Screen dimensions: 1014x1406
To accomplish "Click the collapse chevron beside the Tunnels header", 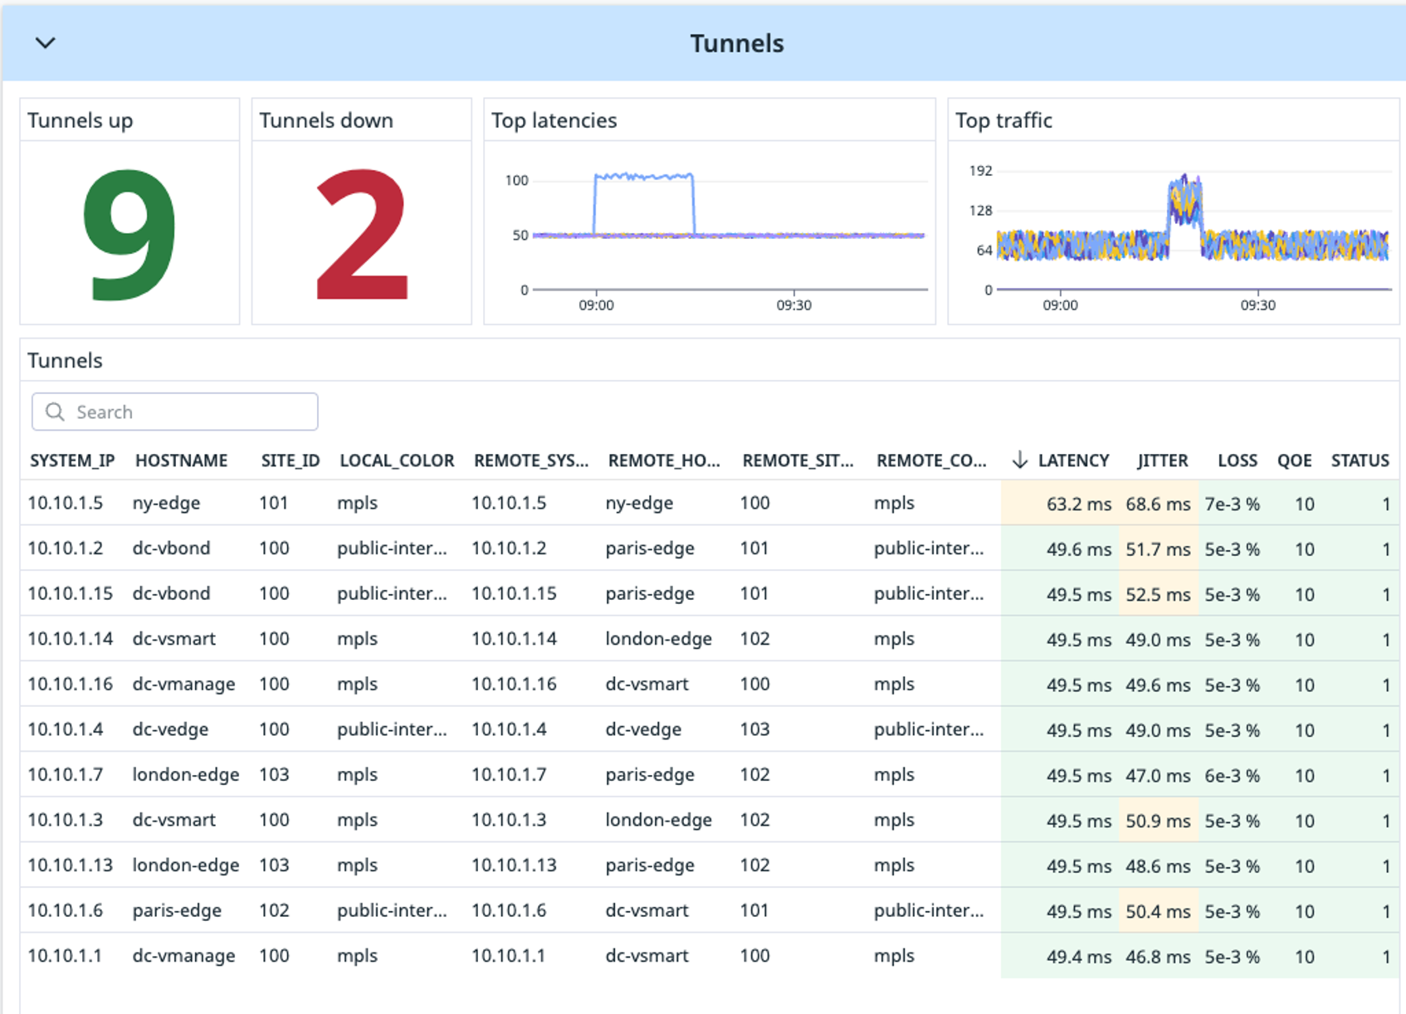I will pyautogui.click(x=46, y=43).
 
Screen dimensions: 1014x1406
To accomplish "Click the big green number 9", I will pyautogui.click(x=129, y=234).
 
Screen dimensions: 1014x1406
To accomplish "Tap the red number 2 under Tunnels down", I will pyautogui.click(x=362, y=234).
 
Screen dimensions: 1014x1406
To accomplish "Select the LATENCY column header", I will pyautogui.click(x=1072, y=461).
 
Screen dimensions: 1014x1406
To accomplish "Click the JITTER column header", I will pyautogui.click(x=1162, y=461).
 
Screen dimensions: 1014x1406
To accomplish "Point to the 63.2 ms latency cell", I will pyautogui.click(x=1078, y=504).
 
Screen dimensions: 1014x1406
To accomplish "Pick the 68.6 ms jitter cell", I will pyautogui.click(x=1158, y=504).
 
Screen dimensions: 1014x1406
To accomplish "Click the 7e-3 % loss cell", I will pyautogui.click(x=1232, y=504).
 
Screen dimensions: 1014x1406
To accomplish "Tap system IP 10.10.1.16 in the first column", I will pyautogui.click(x=70, y=685).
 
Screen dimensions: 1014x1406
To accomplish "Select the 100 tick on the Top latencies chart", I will pyautogui.click(x=516, y=181).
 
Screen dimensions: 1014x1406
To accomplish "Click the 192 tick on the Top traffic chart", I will pyautogui.click(x=980, y=171).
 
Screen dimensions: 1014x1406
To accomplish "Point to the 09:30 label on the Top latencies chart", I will pyautogui.click(x=793, y=305).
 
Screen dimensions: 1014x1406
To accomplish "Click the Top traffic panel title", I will pyautogui.click(x=1003, y=121).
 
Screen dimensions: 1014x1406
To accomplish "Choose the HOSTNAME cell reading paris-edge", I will pyautogui.click(x=177, y=910).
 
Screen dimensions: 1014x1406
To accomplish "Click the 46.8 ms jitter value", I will pyautogui.click(x=1158, y=957).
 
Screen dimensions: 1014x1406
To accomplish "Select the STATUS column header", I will pyautogui.click(x=1360, y=461).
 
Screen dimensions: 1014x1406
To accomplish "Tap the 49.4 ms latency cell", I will pyautogui.click(x=1078, y=957).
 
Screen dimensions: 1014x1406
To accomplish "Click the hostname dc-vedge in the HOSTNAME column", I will pyautogui.click(x=170, y=729).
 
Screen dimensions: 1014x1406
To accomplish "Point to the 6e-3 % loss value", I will pyautogui.click(x=1232, y=776).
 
